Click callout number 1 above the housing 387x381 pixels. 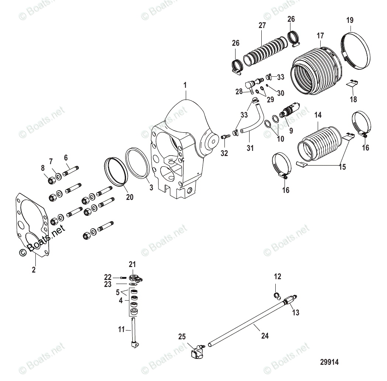pos(185,86)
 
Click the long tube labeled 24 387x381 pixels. pos(247,323)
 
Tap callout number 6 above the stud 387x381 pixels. pos(66,157)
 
